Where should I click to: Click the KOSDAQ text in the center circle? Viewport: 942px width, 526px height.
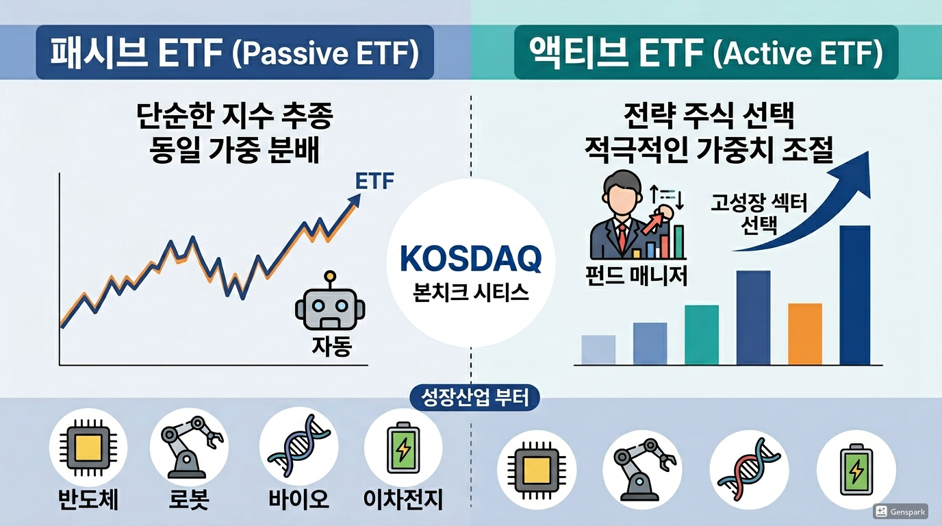[x=470, y=259]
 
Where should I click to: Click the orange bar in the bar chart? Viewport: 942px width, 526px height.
[x=804, y=334]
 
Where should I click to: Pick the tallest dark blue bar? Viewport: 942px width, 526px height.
[x=854, y=295]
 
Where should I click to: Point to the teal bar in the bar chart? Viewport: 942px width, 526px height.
[x=702, y=334]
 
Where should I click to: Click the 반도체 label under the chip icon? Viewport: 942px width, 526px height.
[x=88, y=499]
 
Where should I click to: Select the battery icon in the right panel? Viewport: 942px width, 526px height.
[x=856, y=468]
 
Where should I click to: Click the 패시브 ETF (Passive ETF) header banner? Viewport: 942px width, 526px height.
[x=235, y=53]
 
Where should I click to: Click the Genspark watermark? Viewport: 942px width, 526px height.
[x=902, y=511]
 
